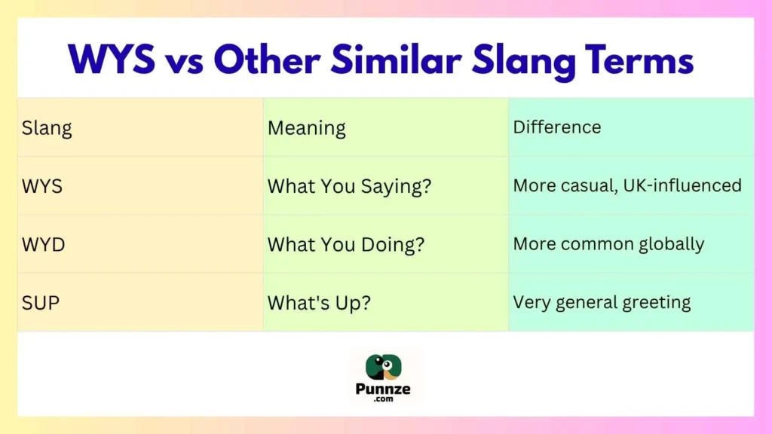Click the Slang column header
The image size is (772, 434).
47,128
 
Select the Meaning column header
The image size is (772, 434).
306,128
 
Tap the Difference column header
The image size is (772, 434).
556,127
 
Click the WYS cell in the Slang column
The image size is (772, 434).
42,186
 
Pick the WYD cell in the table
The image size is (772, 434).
43,244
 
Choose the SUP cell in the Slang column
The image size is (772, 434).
41,303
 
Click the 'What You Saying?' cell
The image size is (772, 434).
349,186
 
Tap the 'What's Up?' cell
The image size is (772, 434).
320,303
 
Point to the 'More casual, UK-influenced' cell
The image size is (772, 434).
627,185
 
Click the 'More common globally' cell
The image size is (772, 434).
608,244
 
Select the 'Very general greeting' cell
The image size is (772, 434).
602,303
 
